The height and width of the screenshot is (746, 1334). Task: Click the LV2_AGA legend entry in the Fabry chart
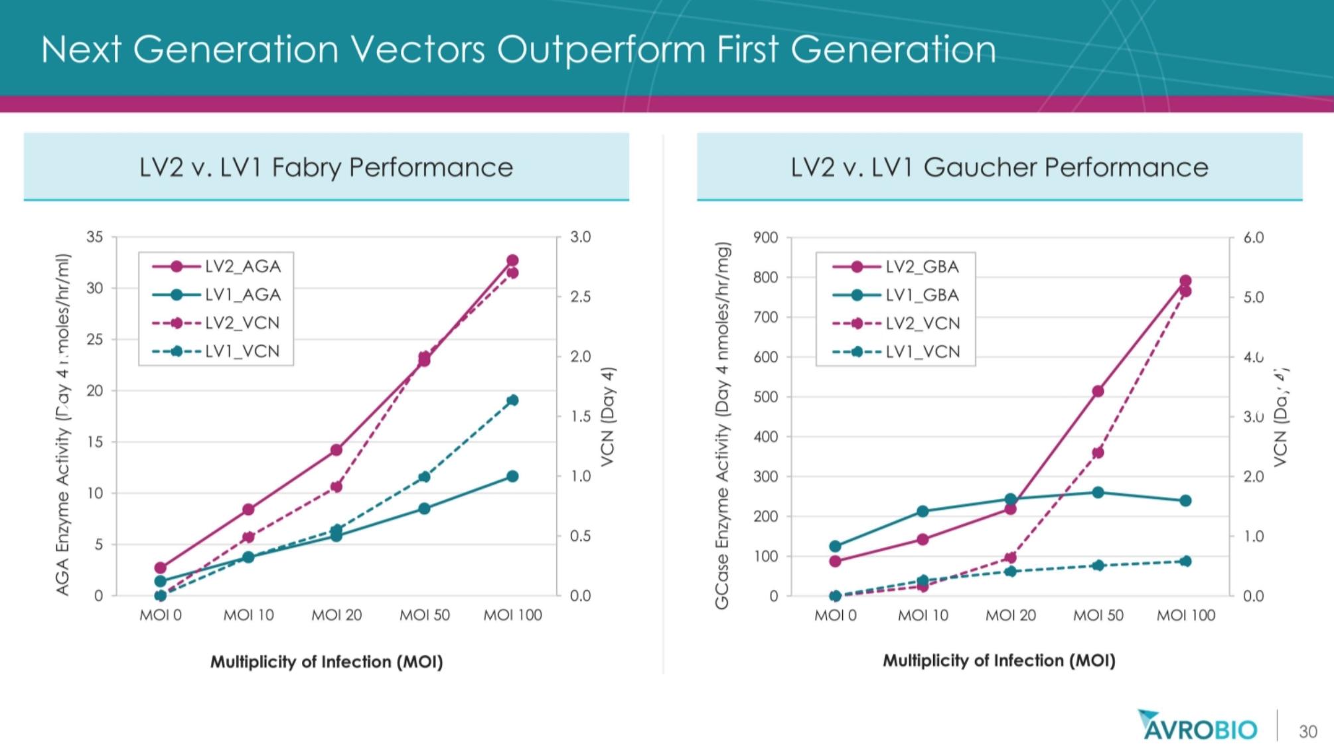pos(216,266)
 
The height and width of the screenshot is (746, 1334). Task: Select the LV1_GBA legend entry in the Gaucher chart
pos(896,295)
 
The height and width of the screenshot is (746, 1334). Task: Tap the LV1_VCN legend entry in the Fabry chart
pos(216,351)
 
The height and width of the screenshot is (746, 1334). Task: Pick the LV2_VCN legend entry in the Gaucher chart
pos(896,323)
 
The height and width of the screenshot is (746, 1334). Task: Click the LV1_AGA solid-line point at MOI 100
pos(512,477)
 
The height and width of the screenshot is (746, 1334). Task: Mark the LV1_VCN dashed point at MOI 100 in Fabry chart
pos(512,400)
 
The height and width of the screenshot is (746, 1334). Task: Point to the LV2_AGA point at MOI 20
pos(336,450)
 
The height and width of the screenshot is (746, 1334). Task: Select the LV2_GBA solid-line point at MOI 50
pos(1098,392)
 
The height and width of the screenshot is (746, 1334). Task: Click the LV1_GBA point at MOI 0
pos(836,547)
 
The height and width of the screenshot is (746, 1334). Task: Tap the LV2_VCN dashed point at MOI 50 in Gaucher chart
pos(1098,453)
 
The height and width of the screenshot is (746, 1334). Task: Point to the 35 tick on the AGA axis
pos(95,237)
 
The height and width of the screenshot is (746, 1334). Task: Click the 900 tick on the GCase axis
pos(765,238)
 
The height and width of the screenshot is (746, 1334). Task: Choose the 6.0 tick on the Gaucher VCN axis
pos(1253,238)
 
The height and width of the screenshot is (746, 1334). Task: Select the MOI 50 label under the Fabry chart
pos(425,615)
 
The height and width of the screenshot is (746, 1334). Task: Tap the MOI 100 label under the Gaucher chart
pos(1186,615)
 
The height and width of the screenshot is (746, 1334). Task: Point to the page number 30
pos(1307,731)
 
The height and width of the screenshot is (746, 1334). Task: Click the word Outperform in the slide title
pos(601,50)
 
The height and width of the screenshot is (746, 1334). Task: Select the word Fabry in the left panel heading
pos(307,167)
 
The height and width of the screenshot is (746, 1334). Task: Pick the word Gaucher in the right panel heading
pos(979,167)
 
